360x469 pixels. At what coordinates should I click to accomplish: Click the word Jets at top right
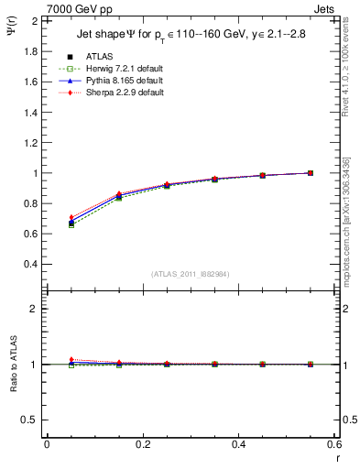(x=326, y=8)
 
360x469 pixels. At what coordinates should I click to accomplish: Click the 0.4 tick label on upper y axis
(x=32, y=264)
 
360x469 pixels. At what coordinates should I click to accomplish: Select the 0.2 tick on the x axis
(x=143, y=444)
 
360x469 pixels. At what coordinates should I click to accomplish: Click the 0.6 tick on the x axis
(x=334, y=444)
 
